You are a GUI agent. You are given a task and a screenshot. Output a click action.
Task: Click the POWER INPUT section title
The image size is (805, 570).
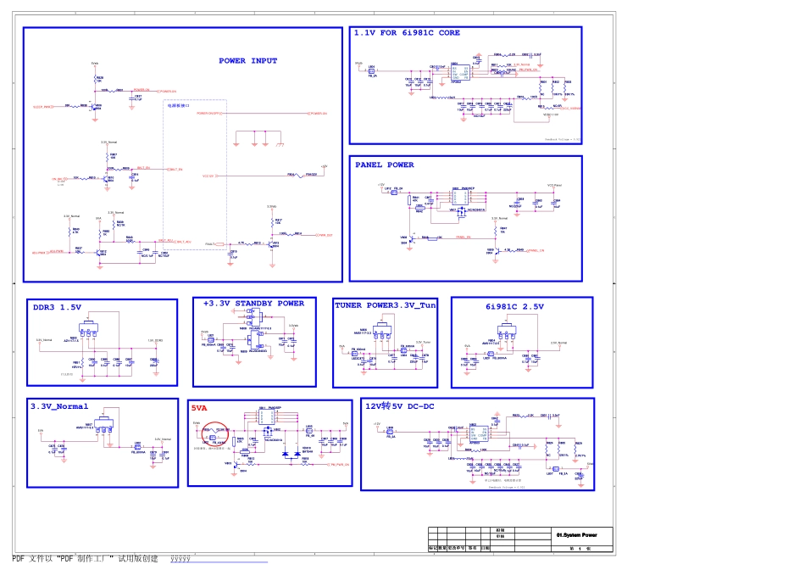(x=248, y=61)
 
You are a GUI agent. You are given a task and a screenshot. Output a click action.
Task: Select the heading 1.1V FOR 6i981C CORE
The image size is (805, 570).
(x=407, y=33)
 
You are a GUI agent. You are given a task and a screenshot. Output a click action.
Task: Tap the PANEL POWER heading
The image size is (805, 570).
(x=385, y=165)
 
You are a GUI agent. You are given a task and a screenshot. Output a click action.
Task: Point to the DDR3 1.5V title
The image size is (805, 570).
(x=58, y=307)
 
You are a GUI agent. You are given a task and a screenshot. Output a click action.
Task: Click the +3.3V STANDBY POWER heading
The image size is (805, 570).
(x=253, y=303)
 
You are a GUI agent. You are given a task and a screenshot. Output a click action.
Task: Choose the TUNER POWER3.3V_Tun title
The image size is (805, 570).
(x=386, y=305)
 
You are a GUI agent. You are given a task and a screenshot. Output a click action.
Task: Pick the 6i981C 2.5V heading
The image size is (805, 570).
(x=515, y=306)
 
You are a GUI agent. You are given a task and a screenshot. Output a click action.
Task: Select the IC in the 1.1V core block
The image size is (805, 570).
(x=456, y=70)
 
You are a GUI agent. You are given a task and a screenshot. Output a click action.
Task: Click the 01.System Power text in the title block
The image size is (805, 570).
(x=577, y=535)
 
